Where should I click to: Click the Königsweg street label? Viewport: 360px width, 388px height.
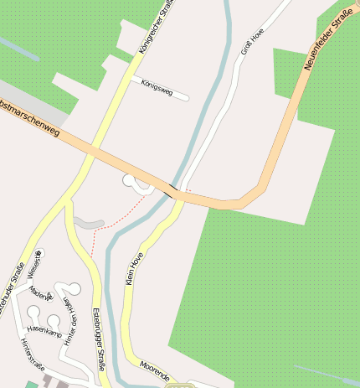coord(157,87)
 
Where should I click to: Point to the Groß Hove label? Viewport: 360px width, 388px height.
coord(252,40)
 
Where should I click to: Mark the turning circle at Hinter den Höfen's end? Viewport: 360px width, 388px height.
coord(74,289)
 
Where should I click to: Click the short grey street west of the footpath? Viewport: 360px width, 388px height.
coord(88,223)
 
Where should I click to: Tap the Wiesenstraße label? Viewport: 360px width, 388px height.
coord(33,265)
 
